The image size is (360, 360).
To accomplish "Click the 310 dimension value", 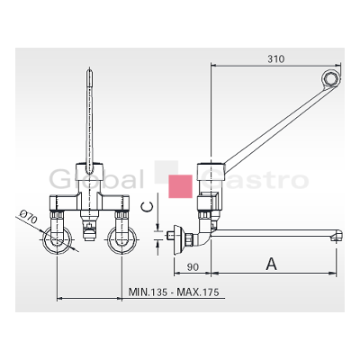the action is (276, 59).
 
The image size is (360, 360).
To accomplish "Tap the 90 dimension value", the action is (193, 267).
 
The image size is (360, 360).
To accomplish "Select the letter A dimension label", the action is (272, 264).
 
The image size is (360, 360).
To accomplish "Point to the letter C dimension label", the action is (148, 207).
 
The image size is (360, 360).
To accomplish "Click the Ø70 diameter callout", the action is (29, 218).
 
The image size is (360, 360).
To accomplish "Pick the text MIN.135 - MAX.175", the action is (174, 292).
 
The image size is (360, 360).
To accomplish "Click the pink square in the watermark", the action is (180, 186).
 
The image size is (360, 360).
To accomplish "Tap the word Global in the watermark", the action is (96, 180).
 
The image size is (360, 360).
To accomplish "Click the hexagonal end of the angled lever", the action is (331, 78).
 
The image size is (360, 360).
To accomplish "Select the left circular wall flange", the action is (57, 240).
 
